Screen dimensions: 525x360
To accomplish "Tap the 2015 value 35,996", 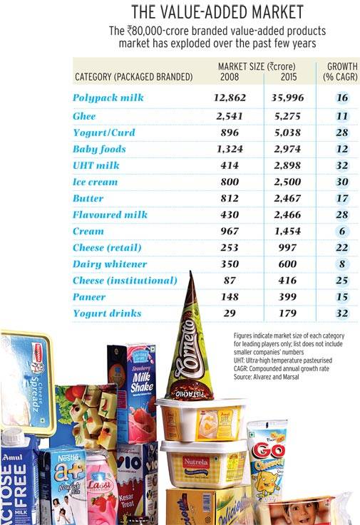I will pyautogui.click(x=284, y=98).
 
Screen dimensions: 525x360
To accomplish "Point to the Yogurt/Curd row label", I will pyautogui.click(x=103, y=132).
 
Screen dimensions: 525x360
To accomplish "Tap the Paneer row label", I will pyautogui.click(x=89, y=297).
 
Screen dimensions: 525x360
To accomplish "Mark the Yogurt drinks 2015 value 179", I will pyautogui.click(x=289, y=313).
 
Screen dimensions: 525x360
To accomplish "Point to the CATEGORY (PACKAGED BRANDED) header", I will pyautogui.click(x=133, y=76).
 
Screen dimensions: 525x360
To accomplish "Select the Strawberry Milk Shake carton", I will pyautogui.click(x=133, y=388).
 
